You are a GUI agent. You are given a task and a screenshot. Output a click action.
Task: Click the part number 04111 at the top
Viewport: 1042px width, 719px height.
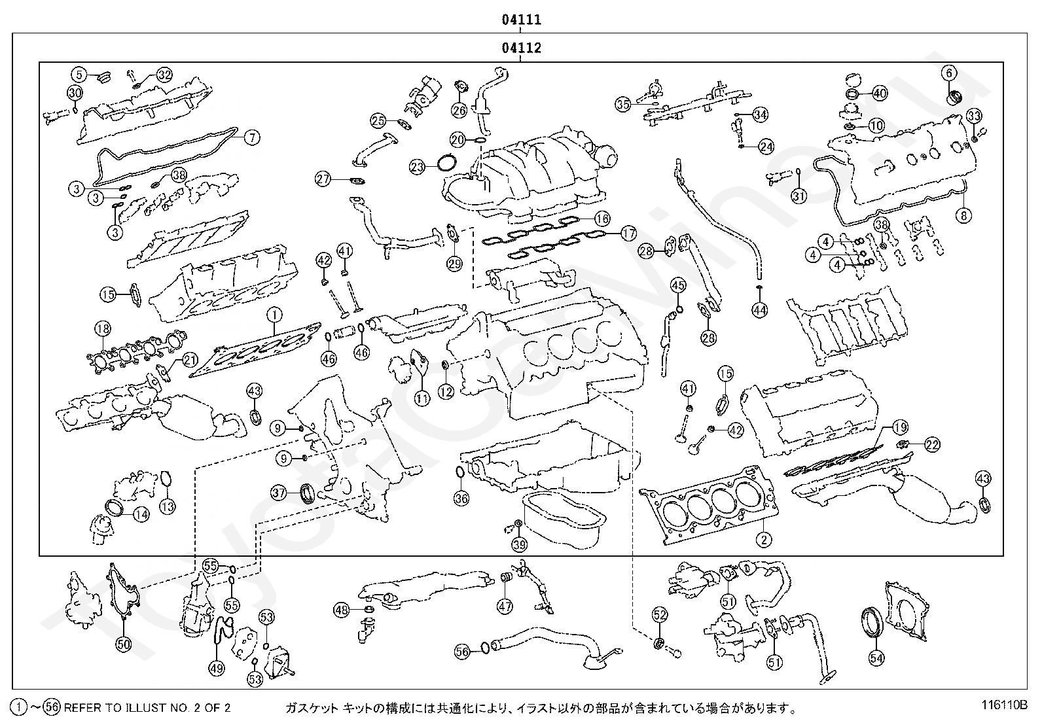click(x=521, y=20)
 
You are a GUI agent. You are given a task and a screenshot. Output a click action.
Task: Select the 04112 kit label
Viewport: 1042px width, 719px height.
click(x=521, y=48)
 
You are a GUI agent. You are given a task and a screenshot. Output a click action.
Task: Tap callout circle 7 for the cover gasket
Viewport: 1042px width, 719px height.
click(x=253, y=137)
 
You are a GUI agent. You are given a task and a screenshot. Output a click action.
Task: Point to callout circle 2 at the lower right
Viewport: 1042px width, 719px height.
click(x=763, y=540)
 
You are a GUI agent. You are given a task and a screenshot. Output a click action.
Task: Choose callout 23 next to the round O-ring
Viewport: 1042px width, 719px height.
click(x=418, y=167)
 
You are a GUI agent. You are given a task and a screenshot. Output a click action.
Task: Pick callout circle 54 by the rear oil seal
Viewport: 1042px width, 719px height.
click(x=875, y=657)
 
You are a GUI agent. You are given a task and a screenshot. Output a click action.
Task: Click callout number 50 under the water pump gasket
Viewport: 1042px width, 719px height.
click(x=123, y=644)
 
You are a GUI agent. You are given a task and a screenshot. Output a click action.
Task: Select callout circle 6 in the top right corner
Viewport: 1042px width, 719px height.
click(x=950, y=73)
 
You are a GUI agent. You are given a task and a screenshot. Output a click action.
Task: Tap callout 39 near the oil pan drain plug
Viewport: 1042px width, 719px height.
click(x=519, y=544)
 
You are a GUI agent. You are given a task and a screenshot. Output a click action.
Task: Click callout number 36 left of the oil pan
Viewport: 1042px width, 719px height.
click(x=461, y=498)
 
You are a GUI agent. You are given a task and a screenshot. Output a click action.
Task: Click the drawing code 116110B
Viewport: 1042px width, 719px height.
click(x=1004, y=705)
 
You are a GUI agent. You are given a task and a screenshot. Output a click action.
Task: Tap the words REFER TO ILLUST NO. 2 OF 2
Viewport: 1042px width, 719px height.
click(x=147, y=707)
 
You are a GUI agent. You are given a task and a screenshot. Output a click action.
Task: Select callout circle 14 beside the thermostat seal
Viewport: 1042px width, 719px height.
click(x=141, y=515)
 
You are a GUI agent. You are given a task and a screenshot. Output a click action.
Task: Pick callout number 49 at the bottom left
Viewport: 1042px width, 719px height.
click(x=217, y=668)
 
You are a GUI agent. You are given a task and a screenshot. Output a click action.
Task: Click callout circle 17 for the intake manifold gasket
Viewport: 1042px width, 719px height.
click(x=628, y=232)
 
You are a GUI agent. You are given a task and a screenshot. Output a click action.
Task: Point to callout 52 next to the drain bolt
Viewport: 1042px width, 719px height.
click(x=659, y=614)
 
